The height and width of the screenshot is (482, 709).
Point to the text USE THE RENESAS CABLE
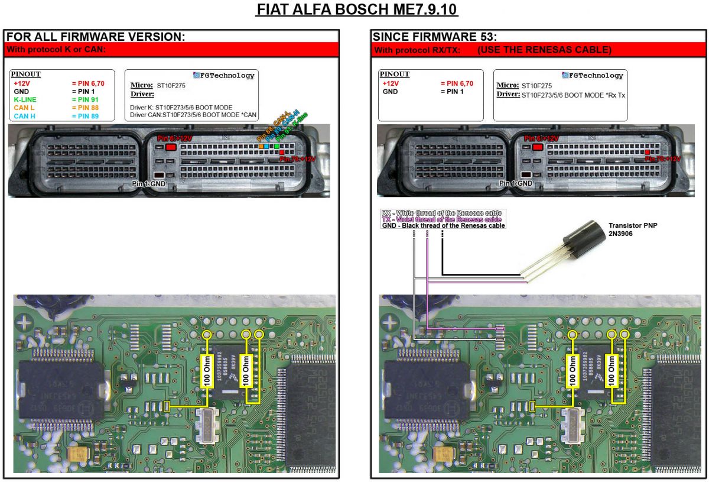(544, 50)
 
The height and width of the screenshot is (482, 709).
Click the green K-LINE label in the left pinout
(26, 99)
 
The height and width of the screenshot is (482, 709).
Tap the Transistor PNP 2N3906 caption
(630, 229)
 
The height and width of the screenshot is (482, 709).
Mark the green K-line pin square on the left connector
(277, 146)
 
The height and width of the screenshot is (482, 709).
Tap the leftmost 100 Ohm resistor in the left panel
(207, 371)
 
